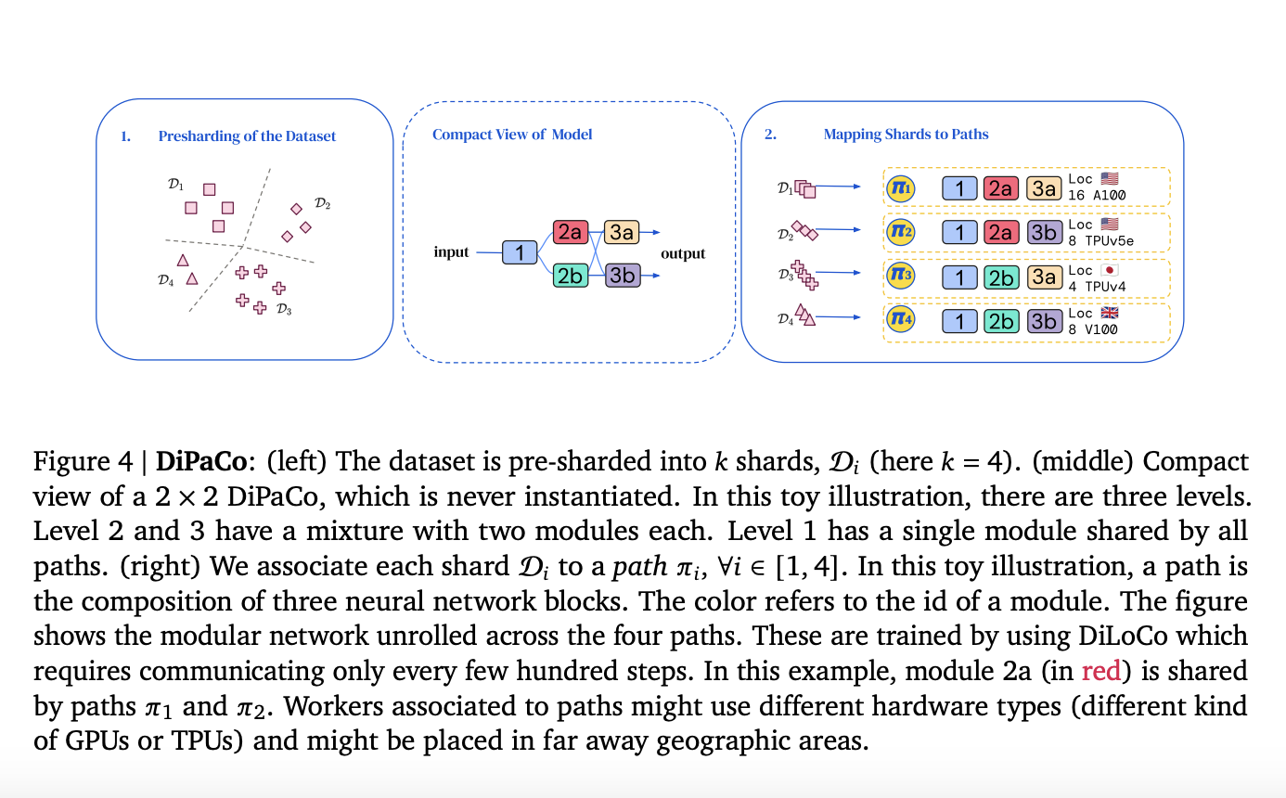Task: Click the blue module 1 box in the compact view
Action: [520, 252]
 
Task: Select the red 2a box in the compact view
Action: [570, 232]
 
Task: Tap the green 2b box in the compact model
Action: [570, 275]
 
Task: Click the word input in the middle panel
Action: [451, 252]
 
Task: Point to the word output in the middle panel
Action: [682, 253]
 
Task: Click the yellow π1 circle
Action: [900, 189]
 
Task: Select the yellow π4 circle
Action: [900, 321]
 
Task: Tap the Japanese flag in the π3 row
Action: [1109, 270]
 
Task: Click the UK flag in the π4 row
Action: [1109, 314]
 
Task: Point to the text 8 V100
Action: [1096, 328]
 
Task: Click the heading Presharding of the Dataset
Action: [247, 136]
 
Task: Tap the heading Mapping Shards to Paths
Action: [906, 135]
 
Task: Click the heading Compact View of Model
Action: [512, 135]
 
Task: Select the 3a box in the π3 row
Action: [1043, 277]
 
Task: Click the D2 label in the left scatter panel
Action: [322, 203]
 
